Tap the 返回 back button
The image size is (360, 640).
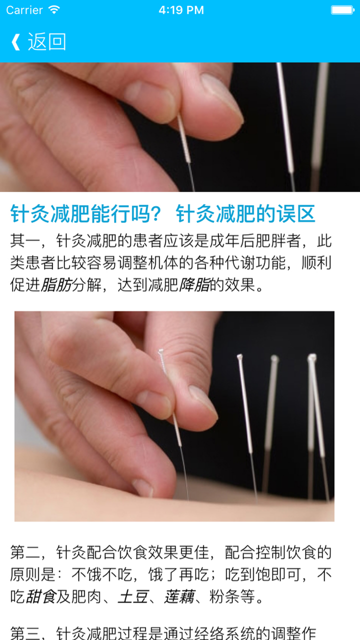46,42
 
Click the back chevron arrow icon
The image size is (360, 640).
15,42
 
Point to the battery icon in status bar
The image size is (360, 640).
342,10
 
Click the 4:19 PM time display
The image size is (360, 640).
181,10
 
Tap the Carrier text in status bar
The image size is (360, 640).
24,10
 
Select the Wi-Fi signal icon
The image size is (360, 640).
54,10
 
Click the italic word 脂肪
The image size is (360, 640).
56,285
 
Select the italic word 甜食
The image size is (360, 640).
40,596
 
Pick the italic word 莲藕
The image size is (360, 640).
178,596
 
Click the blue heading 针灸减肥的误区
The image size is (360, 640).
245,214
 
